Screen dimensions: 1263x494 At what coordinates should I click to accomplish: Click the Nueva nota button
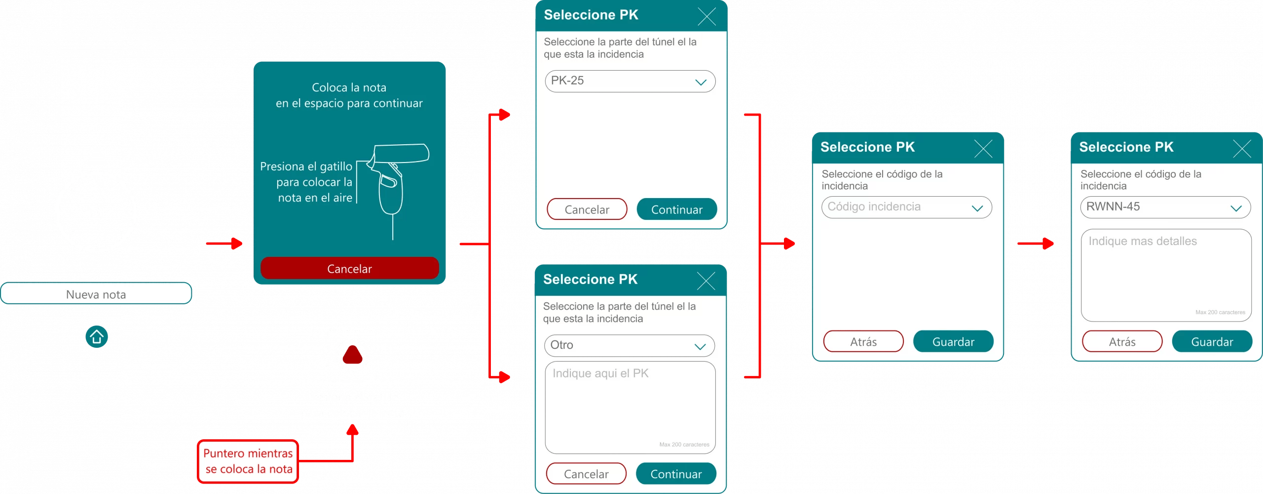click(96, 294)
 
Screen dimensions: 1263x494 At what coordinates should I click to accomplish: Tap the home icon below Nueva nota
click(97, 337)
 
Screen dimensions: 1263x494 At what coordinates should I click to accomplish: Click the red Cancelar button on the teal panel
click(349, 268)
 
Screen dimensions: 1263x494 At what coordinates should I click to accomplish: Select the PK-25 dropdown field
click(630, 81)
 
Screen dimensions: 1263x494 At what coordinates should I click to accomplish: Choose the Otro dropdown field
click(629, 345)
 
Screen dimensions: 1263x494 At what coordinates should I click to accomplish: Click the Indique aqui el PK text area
click(630, 407)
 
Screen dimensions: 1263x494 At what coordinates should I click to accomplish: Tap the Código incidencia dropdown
click(906, 207)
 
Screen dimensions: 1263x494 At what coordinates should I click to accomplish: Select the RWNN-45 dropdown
click(1165, 207)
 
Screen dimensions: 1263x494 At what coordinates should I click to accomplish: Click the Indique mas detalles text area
click(1166, 275)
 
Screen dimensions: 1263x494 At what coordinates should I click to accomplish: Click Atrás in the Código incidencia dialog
click(863, 341)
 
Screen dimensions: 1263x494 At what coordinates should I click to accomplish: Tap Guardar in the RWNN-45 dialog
click(1212, 341)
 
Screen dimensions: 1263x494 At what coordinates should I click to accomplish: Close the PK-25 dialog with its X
click(706, 17)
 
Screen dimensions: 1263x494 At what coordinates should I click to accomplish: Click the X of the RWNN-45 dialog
click(1242, 148)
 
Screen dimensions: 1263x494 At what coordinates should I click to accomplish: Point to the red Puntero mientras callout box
click(248, 461)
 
